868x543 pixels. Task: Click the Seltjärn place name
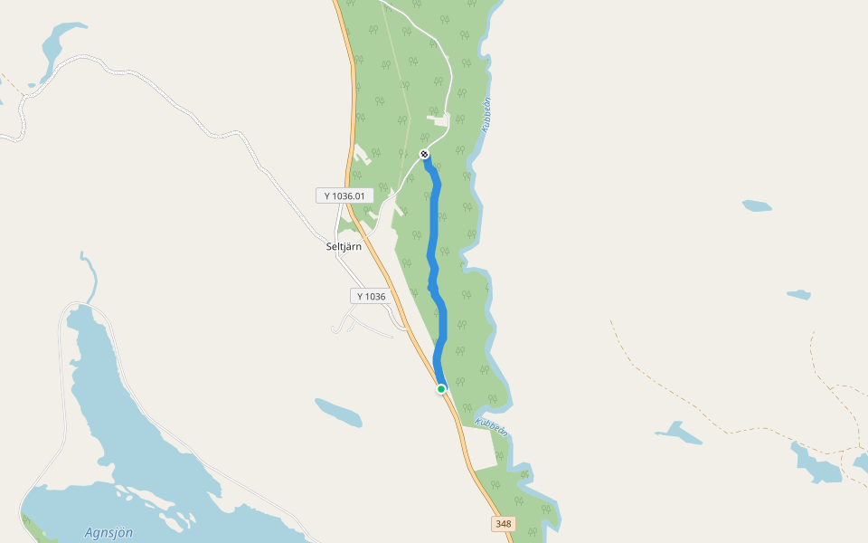(x=343, y=245)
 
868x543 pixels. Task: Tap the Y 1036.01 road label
(x=344, y=195)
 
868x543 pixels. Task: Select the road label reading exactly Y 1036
(x=371, y=296)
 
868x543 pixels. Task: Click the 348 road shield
(x=503, y=524)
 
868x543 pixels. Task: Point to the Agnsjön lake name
(x=108, y=532)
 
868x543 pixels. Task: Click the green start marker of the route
(x=441, y=389)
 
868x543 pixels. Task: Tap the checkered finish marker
(x=425, y=155)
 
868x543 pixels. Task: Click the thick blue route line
(x=433, y=235)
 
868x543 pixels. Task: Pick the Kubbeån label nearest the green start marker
(x=491, y=426)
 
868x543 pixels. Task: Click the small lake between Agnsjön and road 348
(x=338, y=412)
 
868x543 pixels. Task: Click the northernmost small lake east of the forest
(x=757, y=205)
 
